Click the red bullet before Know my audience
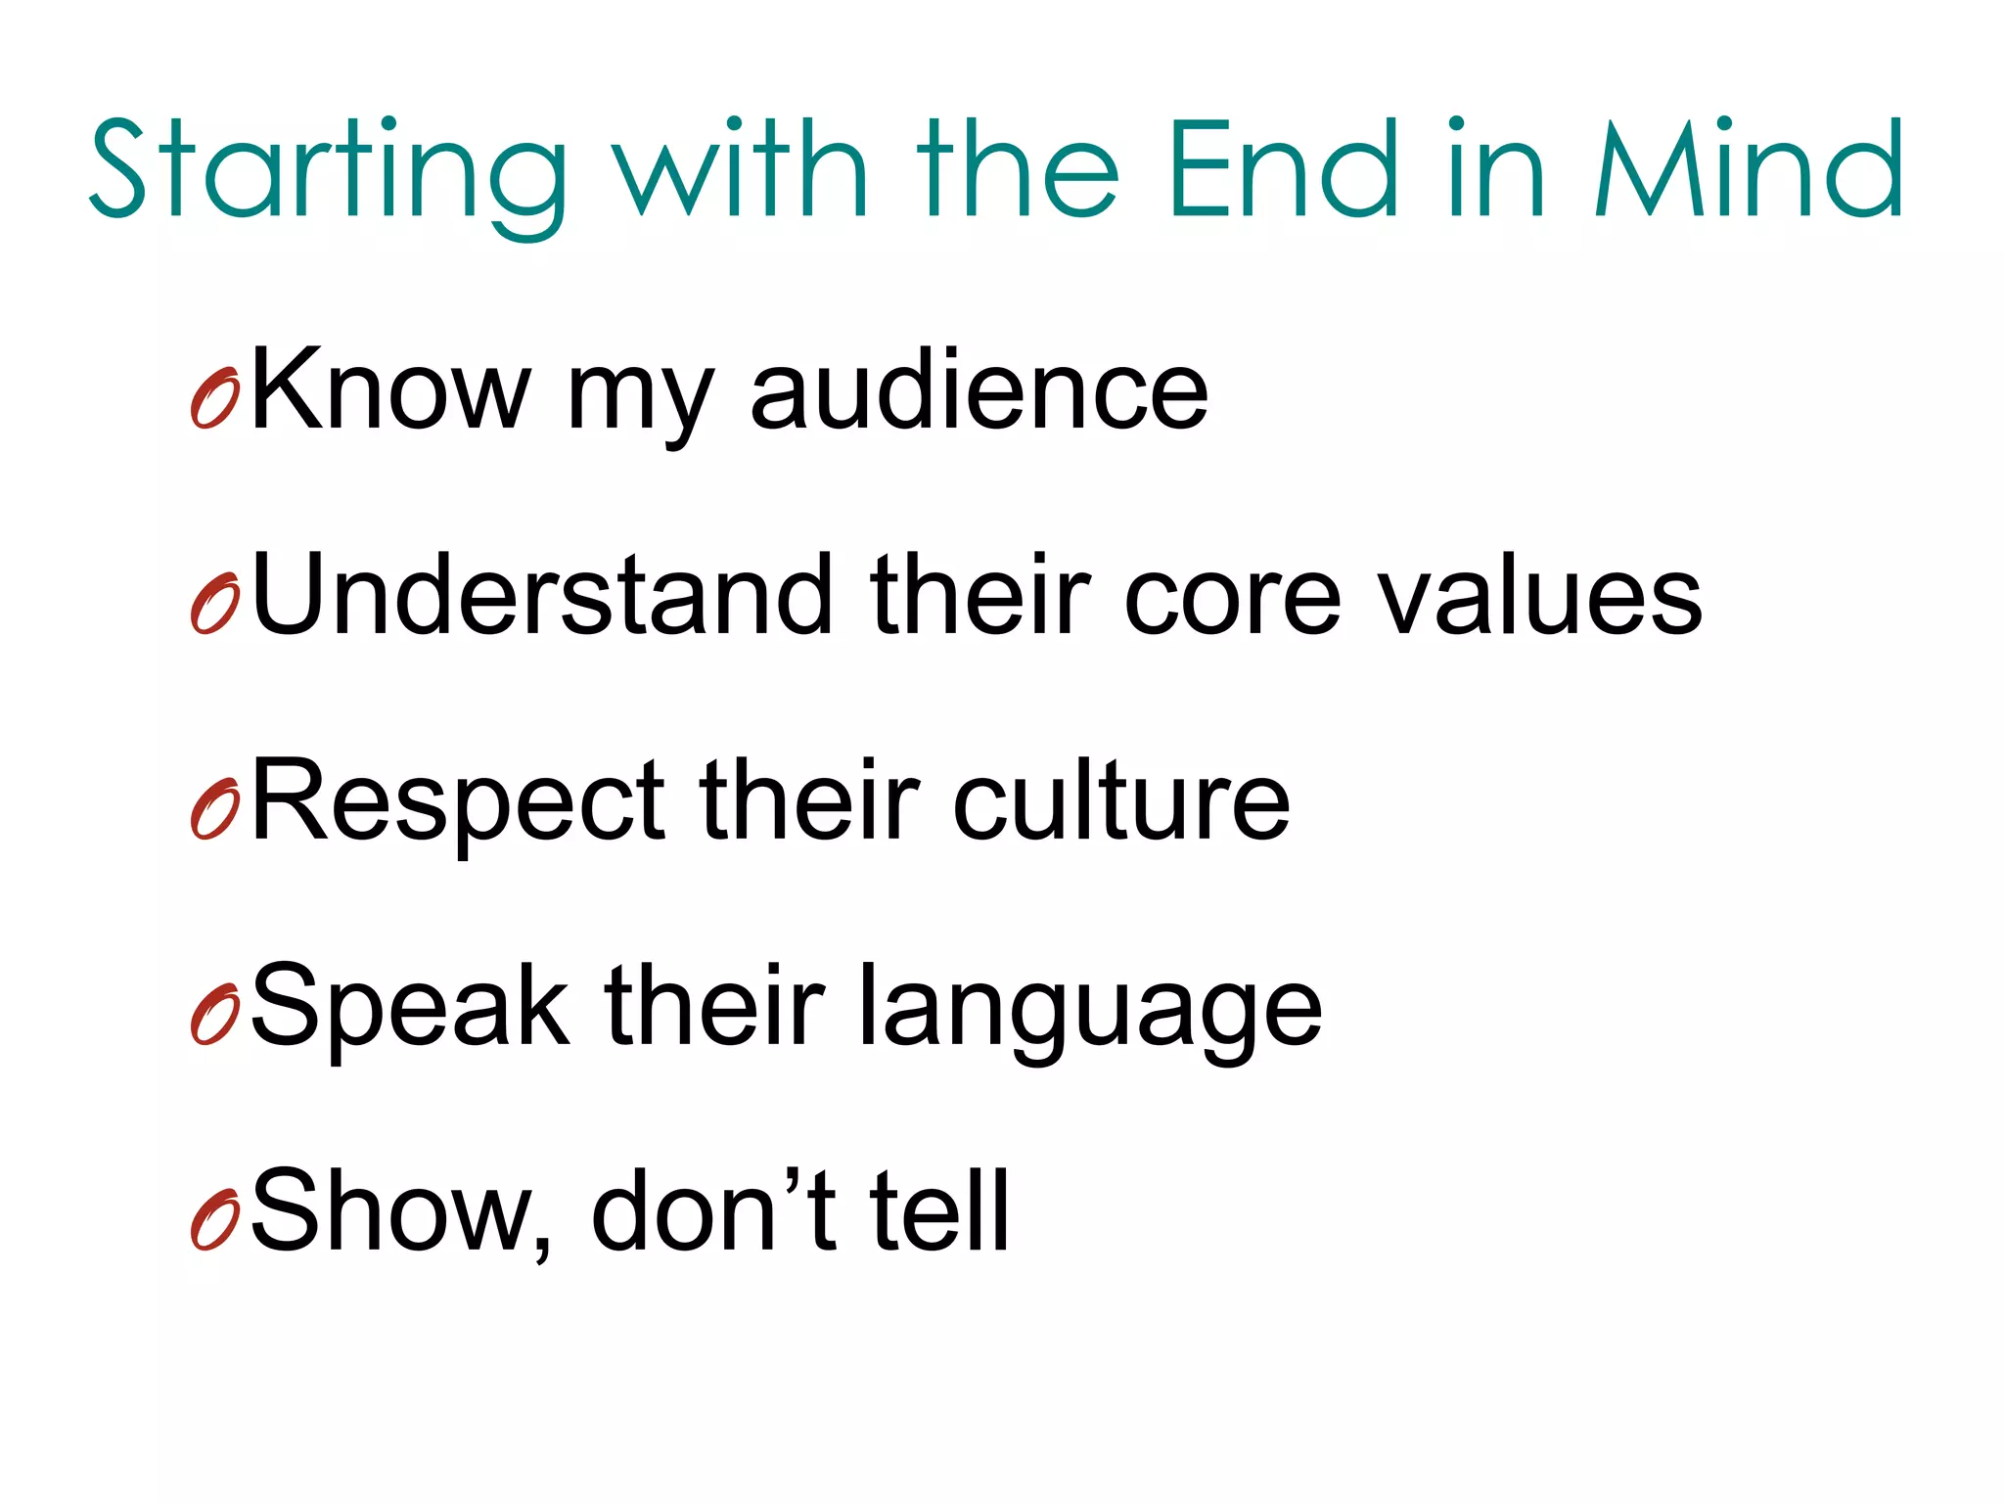[x=215, y=399]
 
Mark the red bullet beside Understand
[x=215, y=605]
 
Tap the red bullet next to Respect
[x=215, y=810]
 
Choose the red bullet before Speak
[x=215, y=1016]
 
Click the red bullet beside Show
[x=215, y=1221]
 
